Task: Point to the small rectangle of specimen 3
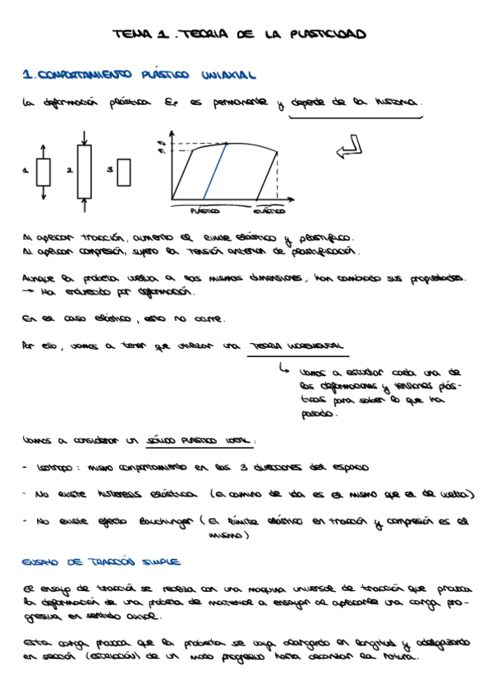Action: click(x=124, y=172)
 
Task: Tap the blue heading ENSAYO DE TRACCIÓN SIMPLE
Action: click(x=101, y=562)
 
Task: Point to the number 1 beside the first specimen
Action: click(x=25, y=171)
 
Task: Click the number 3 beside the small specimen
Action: click(x=110, y=170)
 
